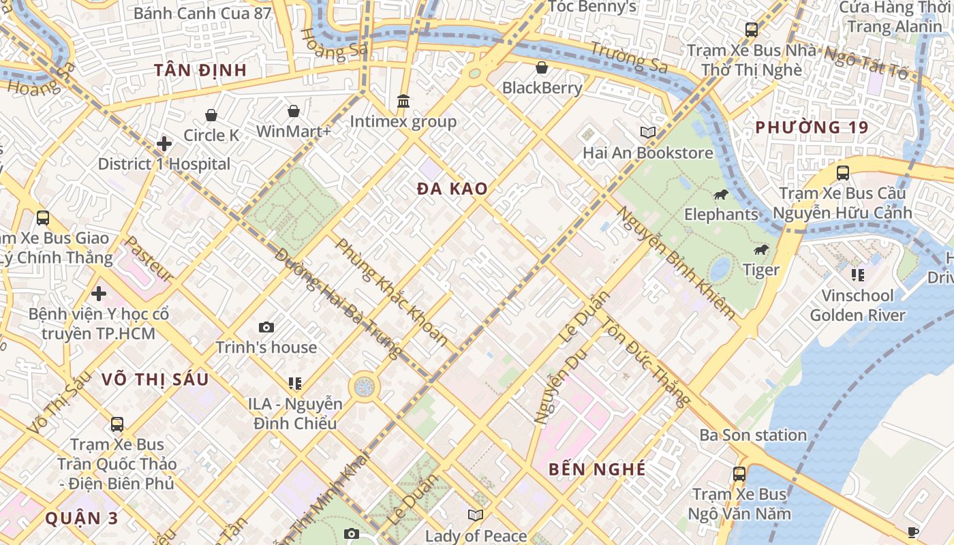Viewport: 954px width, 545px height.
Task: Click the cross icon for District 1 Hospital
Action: click(x=164, y=144)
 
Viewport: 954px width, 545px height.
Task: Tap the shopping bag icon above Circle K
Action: click(x=211, y=115)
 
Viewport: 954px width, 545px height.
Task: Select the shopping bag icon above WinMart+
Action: click(x=294, y=111)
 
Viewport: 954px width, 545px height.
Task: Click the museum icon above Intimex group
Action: click(x=403, y=102)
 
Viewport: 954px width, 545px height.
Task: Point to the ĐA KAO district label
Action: click(x=452, y=189)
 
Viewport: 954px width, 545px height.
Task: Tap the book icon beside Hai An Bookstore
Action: click(x=648, y=132)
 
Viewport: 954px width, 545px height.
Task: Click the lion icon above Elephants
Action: click(x=721, y=195)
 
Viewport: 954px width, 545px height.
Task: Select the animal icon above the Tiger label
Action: click(x=761, y=250)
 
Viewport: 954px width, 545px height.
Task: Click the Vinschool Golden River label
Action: click(x=857, y=305)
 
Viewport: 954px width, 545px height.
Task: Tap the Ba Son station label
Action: click(x=753, y=435)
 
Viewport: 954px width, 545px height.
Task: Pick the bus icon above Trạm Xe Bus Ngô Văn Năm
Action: click(x=739, y=473)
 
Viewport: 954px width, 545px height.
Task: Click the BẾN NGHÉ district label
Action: click(x=597, y=469)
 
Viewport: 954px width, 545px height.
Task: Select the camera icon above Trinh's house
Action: click(x=266, y=328)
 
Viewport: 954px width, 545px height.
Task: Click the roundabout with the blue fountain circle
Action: click(x=365, y=387)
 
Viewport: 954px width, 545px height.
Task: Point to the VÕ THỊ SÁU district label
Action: click(x=155, y=379)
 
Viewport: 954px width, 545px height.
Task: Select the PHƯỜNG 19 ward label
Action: click(x=812, y=127)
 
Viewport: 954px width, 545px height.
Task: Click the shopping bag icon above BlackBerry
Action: click(x=542, y=67)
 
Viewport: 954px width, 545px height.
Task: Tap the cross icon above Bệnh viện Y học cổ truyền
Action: click(x=99, y=294)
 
